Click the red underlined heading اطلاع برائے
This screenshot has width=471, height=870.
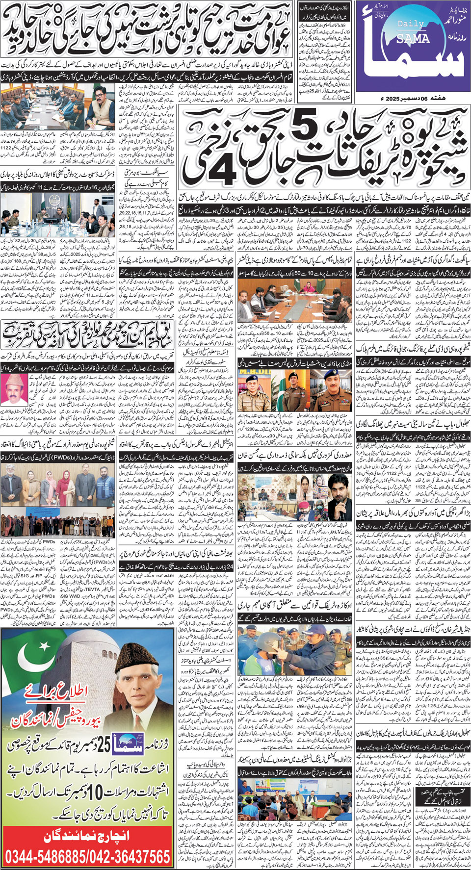coord(65,692)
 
